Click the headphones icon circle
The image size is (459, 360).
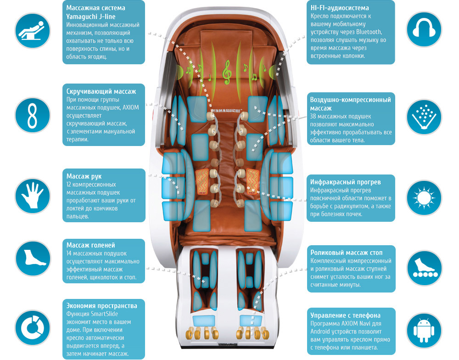(x=425, y=29)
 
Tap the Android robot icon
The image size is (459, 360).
(x=425, y=330)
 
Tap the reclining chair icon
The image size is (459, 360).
(x=32, y=29)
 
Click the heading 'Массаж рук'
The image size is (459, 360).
(x=84, y=176)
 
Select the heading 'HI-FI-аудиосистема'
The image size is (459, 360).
(x=339, y=8)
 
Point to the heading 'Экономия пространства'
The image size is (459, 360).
(x=101, y=306)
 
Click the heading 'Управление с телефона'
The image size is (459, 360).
(x=345, y=315)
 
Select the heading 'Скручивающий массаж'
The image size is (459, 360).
(x=101, y=91)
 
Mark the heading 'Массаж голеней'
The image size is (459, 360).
(x=90, y=245)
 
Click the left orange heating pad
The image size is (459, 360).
(x=202, y=180)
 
